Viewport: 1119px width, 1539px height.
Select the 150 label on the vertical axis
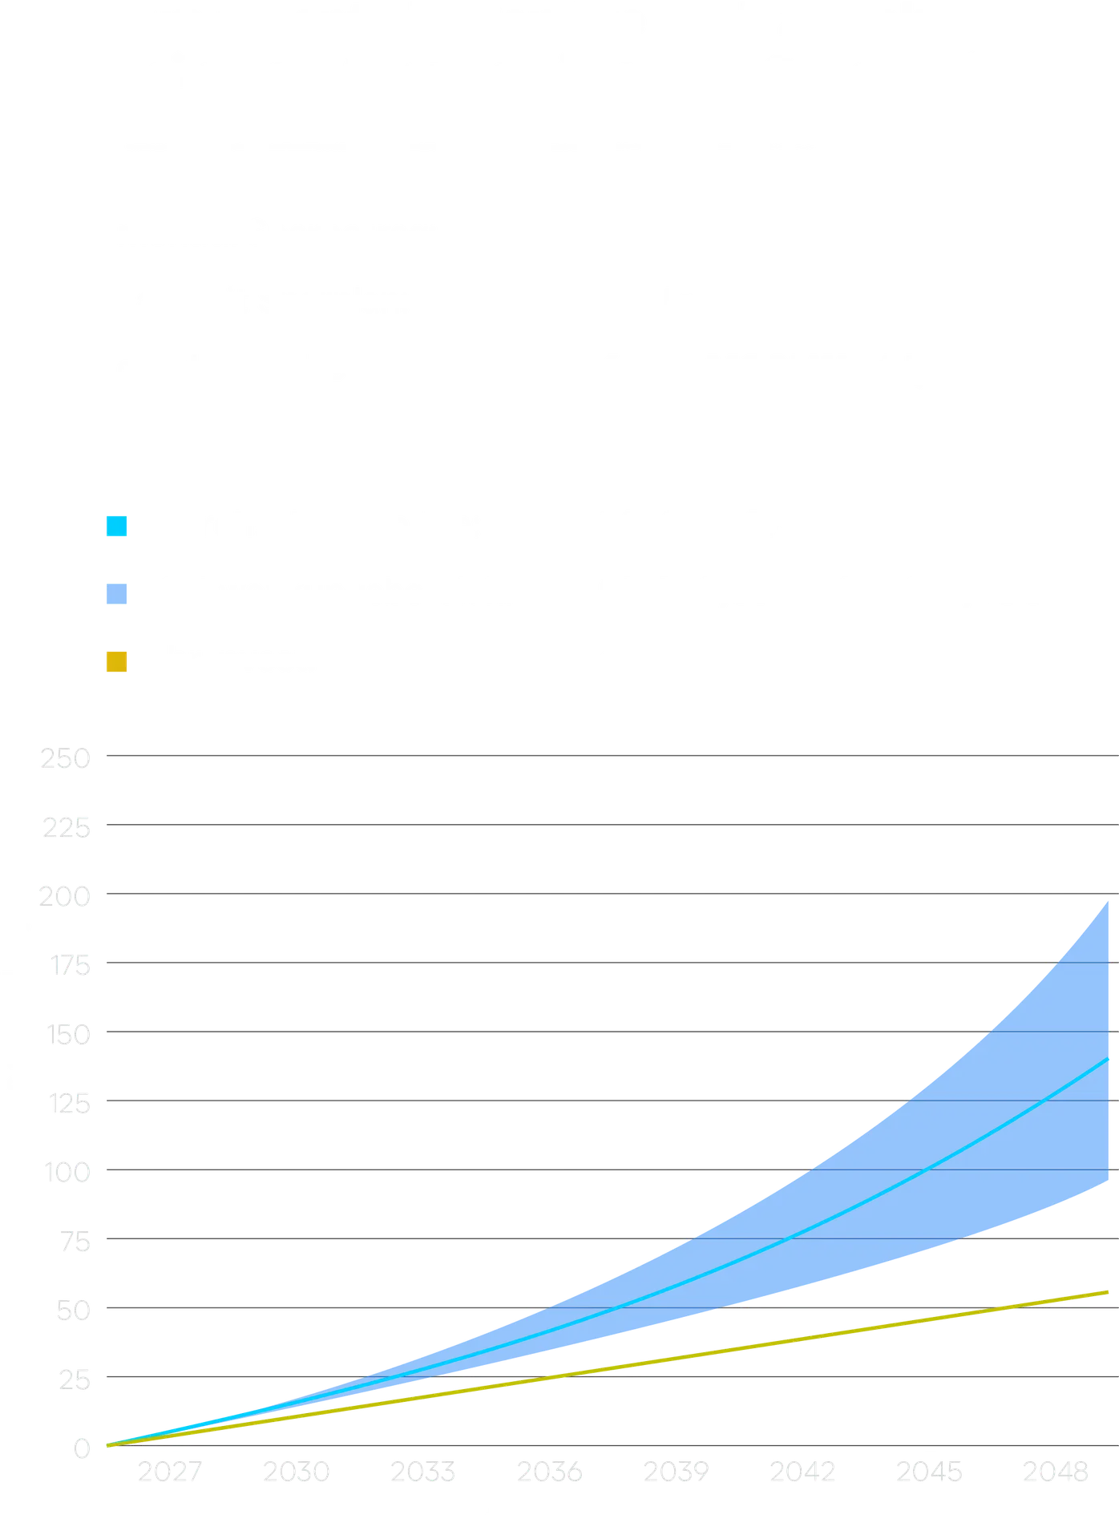pyautogui.click(x=69, y=1035)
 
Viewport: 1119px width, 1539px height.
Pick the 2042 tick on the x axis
pyautogui.click(x=803, y=1473)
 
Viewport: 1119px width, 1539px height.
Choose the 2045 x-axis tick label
pyautogui.click(x=930, y=1473)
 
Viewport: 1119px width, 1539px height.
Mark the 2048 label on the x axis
pyautogui.click(x=1056, y=1473)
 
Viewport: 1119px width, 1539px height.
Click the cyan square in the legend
pyautogui.click(x=117, y=526)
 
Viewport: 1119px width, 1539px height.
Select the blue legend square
pyautogui.click(x=117, y=594)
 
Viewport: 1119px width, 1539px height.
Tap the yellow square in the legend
pyautogui.click(x=117, y=662)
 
